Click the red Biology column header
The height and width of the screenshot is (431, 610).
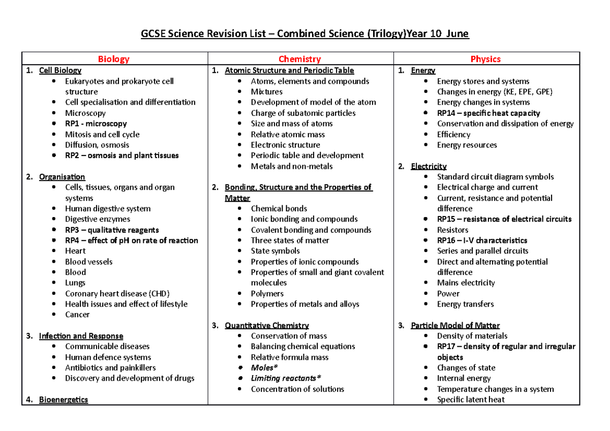click(x=114, y=59)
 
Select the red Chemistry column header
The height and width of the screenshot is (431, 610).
click(x=300, y=59)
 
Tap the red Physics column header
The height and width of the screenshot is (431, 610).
click(x=485, y=59)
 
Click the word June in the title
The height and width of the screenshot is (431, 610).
click(x=456, y=34)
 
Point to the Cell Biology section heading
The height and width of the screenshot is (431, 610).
click(x=60, y=71)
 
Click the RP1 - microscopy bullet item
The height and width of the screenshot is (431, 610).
click(x=96, y=124)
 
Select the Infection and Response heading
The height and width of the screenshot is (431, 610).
click(x=81, y=336)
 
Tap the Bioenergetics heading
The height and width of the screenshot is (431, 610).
click(x=63, y=399)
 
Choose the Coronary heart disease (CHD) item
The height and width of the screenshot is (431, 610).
click(x=117, y=293)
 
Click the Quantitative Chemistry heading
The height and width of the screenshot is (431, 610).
click(x=267, y=325)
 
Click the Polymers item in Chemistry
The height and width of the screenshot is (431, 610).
click(x=267, y=293)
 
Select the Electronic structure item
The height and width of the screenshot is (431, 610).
click(x=285, y=145)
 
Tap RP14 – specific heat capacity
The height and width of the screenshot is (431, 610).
click(x=488, y=113)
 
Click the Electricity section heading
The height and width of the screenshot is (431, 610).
click(x=429, y=166)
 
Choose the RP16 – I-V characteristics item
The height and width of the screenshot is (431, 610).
click(x=482, y=240)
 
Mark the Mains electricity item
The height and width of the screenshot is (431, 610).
click(x=466, y=283)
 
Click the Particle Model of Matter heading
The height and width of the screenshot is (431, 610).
click(x=455, y=325)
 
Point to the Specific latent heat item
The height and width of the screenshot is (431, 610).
click(x=471, y=399)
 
